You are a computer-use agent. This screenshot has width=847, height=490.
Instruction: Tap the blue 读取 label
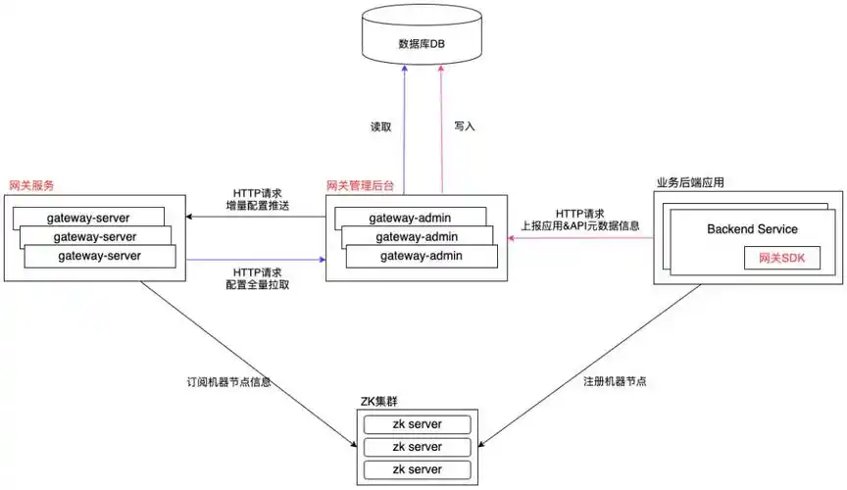coord(381,127)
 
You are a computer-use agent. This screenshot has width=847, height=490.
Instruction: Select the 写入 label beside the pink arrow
coord(465,127)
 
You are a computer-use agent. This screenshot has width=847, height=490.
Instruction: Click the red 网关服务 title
coord(31,185)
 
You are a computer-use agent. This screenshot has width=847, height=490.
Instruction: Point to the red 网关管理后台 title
coord(365,184)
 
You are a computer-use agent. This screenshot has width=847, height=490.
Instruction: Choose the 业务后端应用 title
coord(697,183)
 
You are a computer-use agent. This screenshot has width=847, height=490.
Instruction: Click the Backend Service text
coord(752,229)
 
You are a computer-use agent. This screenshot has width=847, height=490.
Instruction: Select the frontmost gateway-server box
coord(100,256)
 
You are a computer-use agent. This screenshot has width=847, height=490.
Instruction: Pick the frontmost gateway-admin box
coord(420,257)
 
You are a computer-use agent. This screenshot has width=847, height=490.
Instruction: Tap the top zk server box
coord(417,424)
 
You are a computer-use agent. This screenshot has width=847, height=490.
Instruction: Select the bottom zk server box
coord(417,470)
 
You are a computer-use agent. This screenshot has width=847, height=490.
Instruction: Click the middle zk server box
coord(417,447)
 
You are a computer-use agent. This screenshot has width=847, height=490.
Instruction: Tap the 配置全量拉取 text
coord(259,285)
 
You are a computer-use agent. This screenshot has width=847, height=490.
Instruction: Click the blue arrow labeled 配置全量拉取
coord(255,260)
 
